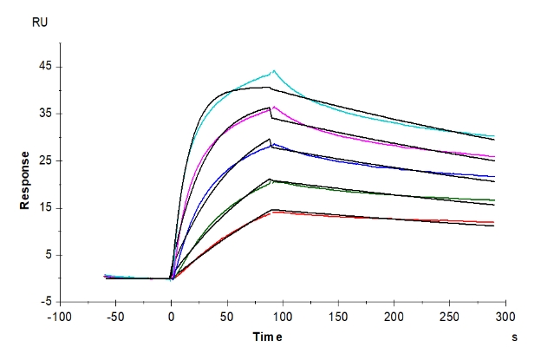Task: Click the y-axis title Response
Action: tap(28, 180)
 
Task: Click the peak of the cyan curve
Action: tap(274, 71)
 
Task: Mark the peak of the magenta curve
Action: tap(273, 108)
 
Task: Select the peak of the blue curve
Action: tap(273, 143)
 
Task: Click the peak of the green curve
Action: tap(271, 180)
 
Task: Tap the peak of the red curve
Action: tap(273, 212)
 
